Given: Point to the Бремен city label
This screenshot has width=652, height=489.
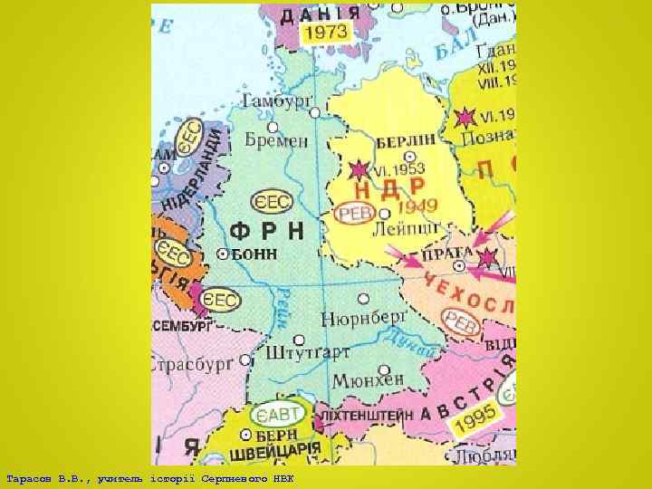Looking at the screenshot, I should click(x=276, y=140).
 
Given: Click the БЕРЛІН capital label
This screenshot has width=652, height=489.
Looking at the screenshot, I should click(x=405, y=140).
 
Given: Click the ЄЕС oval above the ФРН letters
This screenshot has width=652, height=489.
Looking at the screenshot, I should click(x=273, y=200).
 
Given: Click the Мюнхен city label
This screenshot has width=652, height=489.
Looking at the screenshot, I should click(x=366, y=382).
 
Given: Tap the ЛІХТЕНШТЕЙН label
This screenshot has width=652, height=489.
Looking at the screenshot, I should click(x=361, y=414).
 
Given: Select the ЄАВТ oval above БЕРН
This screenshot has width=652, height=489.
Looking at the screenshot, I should click(x=276, y=417).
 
